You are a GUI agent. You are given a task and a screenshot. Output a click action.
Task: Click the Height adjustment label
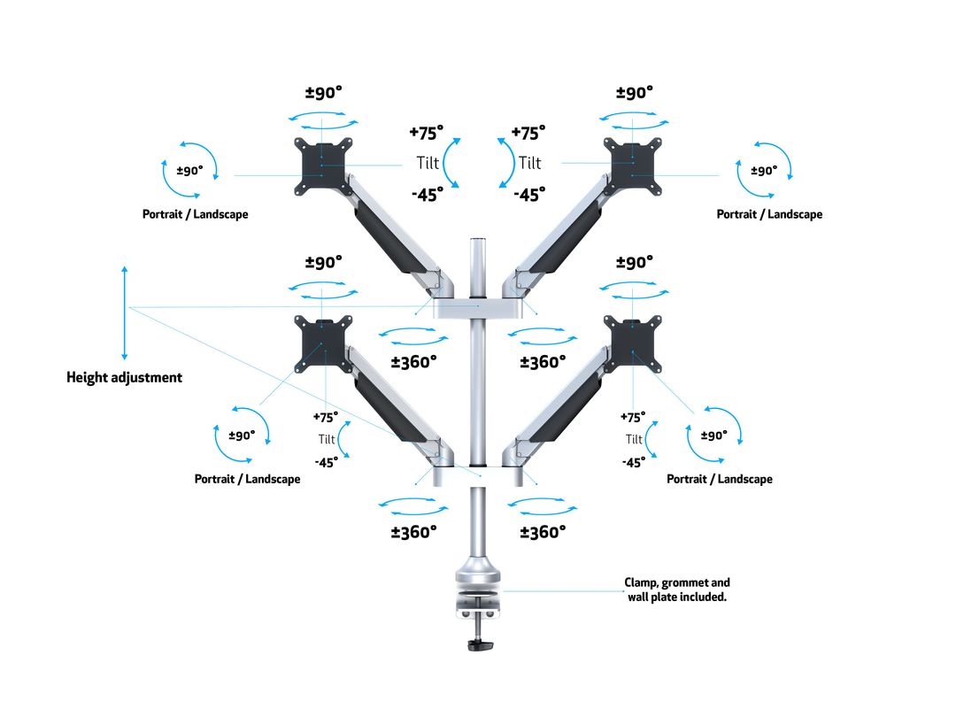coord(125,377)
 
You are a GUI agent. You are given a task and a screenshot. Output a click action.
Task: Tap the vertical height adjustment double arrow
coord(125,310)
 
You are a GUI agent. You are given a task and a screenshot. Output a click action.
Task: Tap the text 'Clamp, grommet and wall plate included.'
coord(677,590)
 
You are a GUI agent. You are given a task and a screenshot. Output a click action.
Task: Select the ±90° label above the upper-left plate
coord(324,92)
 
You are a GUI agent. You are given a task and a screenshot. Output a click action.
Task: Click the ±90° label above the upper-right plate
coord(634,92)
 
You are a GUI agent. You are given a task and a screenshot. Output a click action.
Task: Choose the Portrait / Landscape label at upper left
coord(196,214)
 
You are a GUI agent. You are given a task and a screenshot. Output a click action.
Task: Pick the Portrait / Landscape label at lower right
coord(719,479)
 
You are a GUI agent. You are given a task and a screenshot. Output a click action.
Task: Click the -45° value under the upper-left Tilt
coord(427,196)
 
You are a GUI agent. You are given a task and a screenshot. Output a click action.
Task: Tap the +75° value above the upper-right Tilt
coord(528,133)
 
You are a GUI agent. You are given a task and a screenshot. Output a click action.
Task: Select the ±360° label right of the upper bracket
coord(543,361)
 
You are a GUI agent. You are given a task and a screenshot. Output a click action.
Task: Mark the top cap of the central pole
coord(480,241)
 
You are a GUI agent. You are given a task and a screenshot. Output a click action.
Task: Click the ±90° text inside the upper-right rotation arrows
coord(764,171)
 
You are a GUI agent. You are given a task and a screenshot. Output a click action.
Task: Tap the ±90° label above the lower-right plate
coord(634,262)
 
